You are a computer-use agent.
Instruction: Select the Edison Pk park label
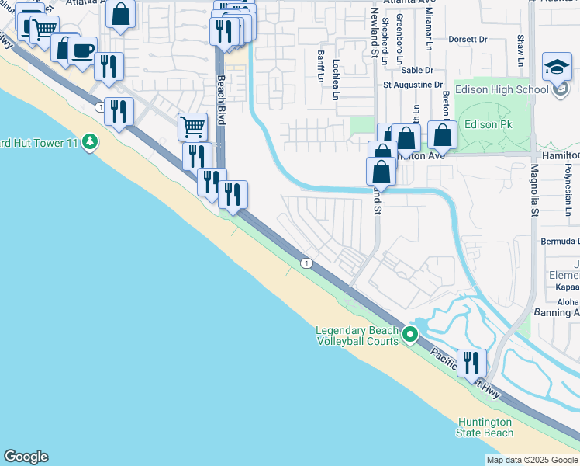coord(487,124)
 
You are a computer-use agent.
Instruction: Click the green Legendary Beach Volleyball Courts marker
coord(411,335)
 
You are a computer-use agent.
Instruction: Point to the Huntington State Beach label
coord(484,426)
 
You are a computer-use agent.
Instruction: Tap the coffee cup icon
coord(81,51)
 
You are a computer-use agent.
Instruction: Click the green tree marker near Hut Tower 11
coord(91,141)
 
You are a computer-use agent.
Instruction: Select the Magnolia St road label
coord(534,191)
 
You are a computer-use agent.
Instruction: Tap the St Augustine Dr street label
coord(413,85)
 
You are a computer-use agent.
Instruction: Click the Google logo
coord(26,457)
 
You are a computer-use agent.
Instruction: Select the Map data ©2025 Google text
coord(532,460)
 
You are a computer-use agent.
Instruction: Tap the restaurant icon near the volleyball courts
coord(471,362)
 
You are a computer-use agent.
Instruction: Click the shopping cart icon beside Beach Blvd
coord(192,126)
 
